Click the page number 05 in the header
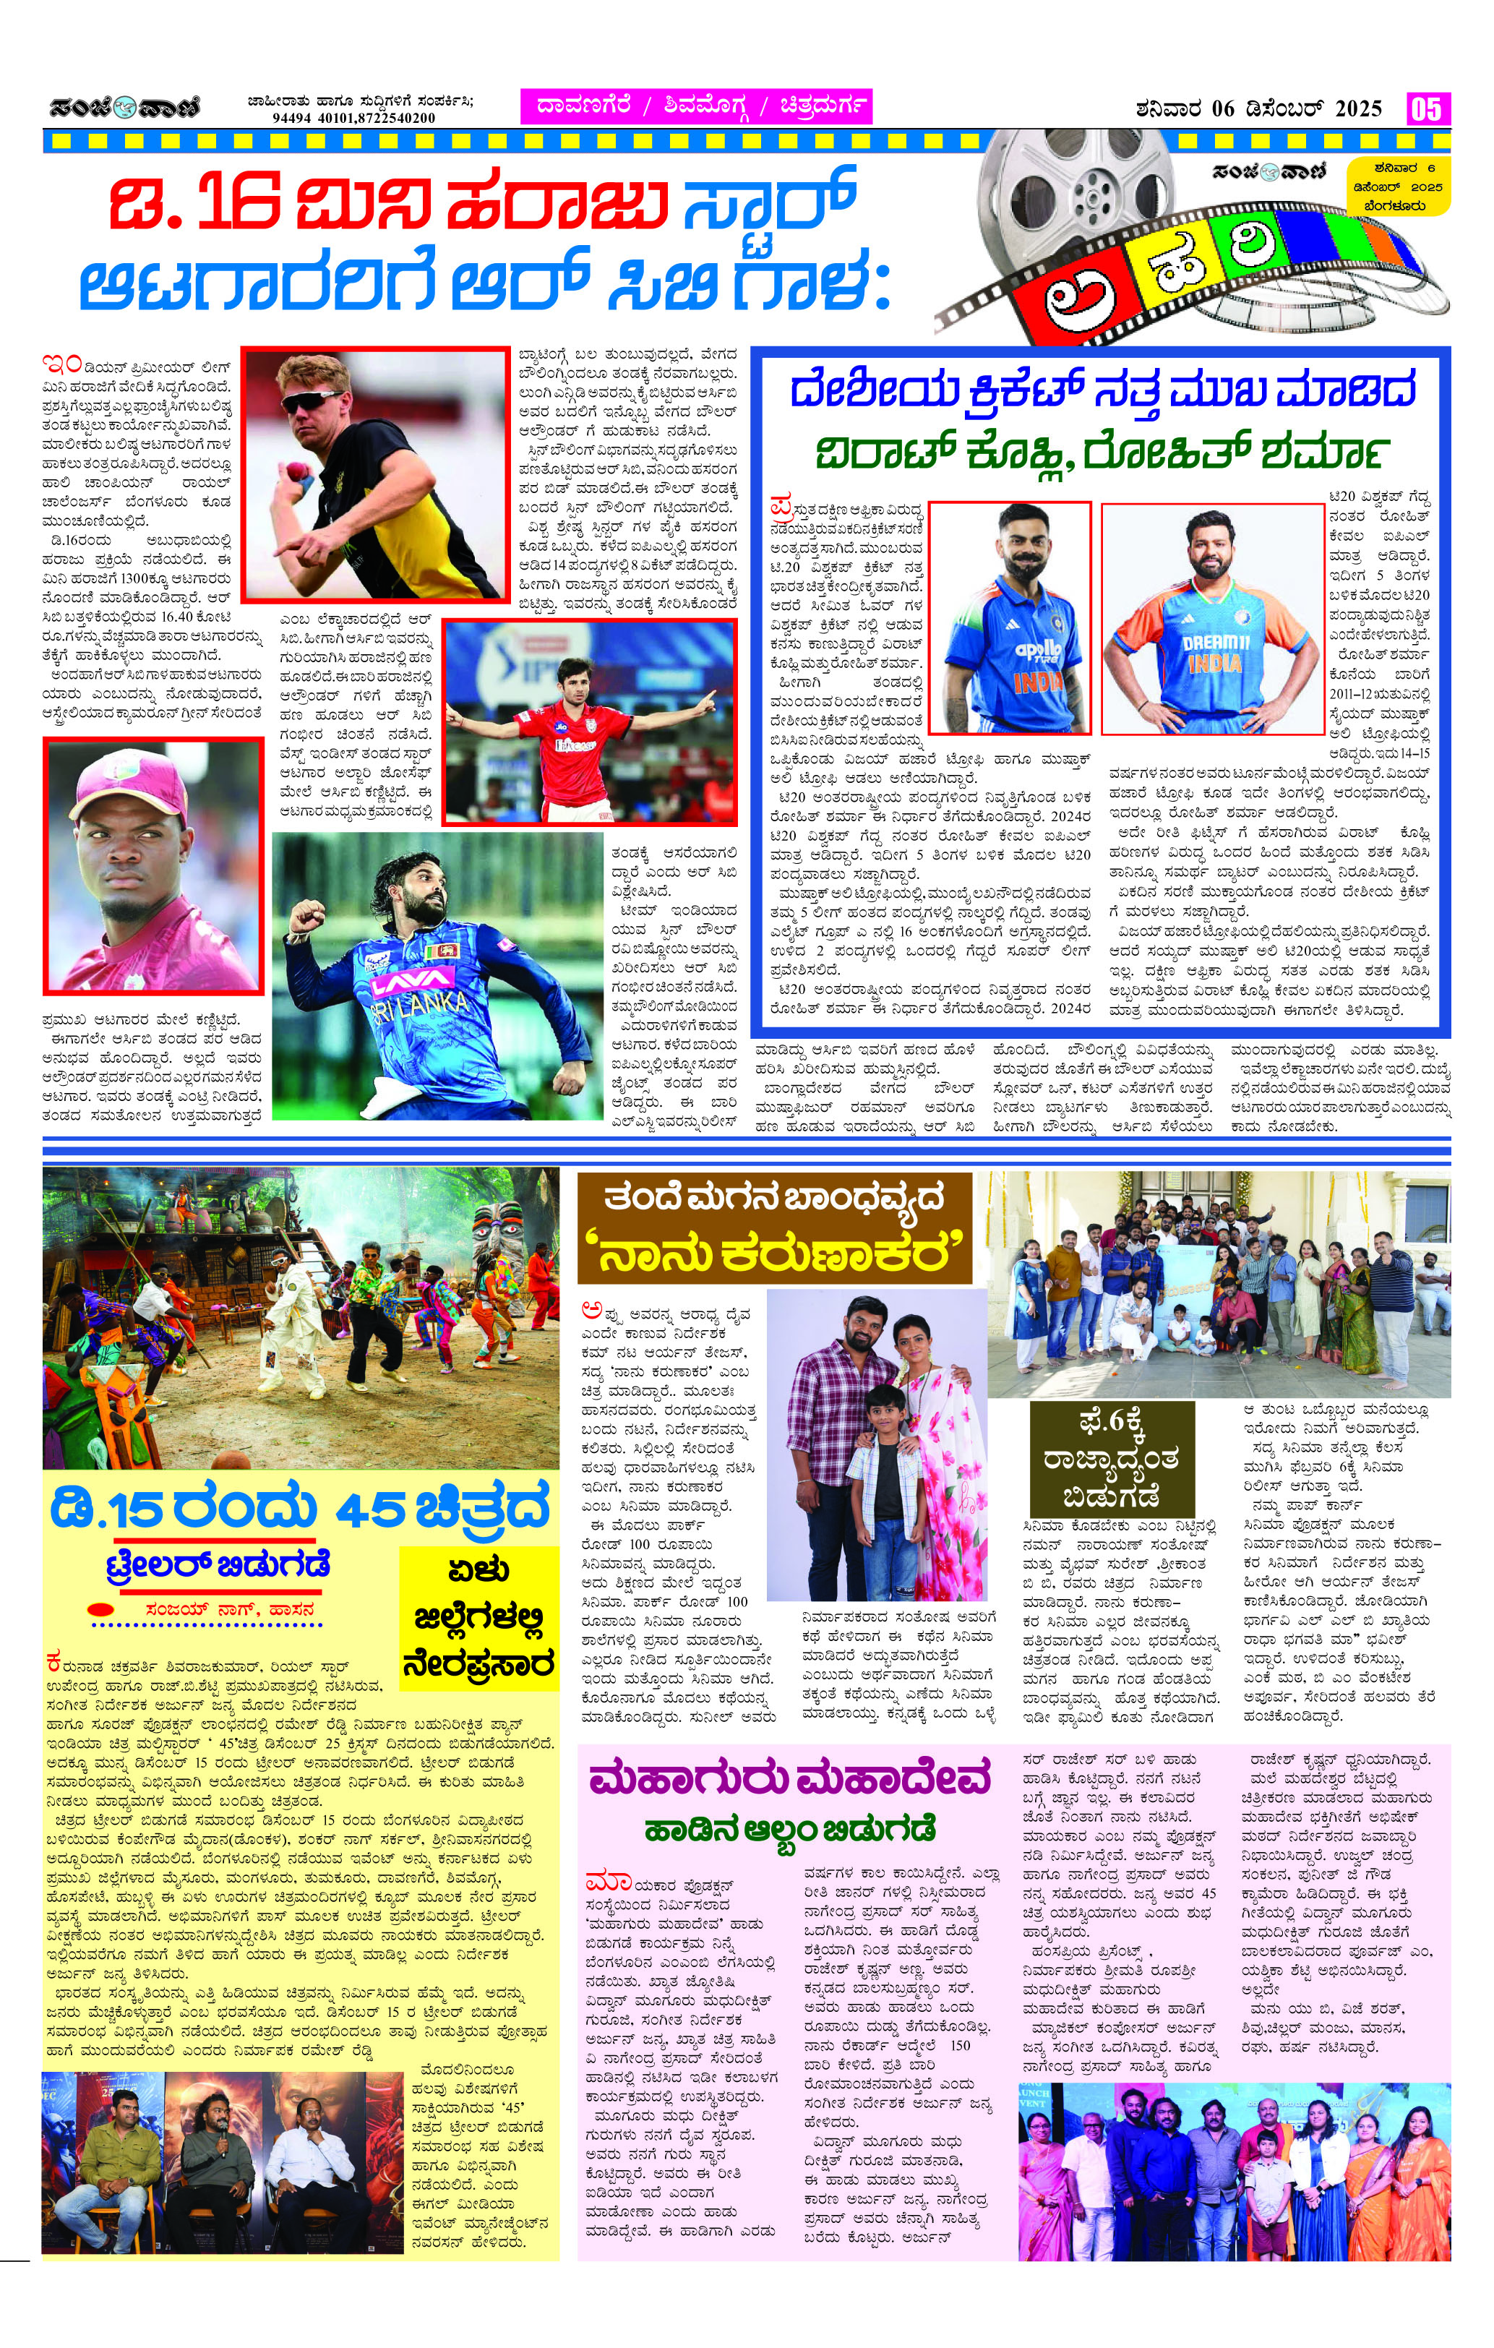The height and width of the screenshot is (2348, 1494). coord(1426,108)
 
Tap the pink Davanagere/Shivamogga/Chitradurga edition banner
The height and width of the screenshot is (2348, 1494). coord(695,106)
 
